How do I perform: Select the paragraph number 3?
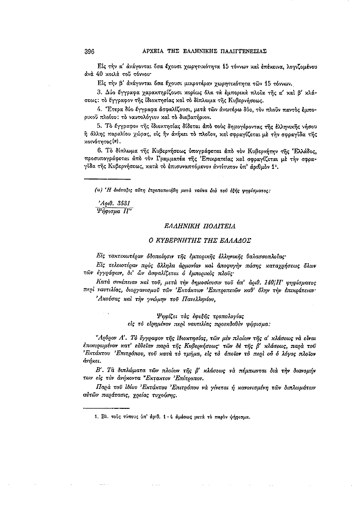99,91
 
